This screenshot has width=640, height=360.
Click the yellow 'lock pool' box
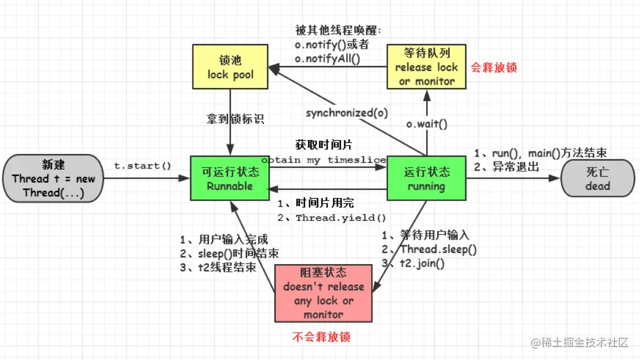[x=230, y=67]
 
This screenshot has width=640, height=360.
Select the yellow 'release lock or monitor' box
[x=427, y=67]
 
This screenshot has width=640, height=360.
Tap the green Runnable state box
[x=230, y=178]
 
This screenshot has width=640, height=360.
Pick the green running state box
[x=427, y=178]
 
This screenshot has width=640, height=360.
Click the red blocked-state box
[x=323, y=293]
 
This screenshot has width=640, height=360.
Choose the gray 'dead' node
[x=598, y=178]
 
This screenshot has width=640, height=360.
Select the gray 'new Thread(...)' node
[x=53, y=178]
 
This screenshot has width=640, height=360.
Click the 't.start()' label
[x=142, y=166]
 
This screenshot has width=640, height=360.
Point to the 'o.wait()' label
[x=427, y=124]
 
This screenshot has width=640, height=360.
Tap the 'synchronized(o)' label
[x=347, y=112]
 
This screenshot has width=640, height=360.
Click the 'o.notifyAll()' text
[x=328, y=59]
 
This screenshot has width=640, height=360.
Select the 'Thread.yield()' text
[x=341, y=218]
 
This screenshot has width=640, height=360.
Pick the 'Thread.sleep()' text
[x=438, y=249]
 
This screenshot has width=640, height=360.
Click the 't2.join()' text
[x=422, y=263]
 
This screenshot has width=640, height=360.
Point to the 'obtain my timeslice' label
[x=324, y=160]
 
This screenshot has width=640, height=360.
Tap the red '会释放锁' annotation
[x=494, y=67]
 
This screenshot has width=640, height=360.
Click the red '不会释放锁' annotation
[x=322, y=337]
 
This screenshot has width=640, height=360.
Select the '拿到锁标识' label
[x=235, y=119]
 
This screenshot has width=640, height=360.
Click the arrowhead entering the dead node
[x=554, y=178]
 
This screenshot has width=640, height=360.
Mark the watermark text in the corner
[x=579, y=342]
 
